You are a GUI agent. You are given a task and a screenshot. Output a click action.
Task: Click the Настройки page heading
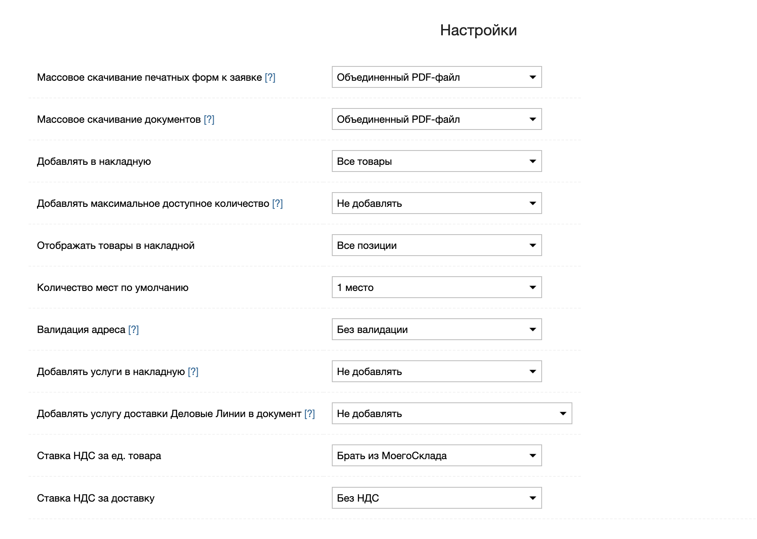click(478, 30)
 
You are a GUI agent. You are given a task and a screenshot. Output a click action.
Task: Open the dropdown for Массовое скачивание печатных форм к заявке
click(437, 77)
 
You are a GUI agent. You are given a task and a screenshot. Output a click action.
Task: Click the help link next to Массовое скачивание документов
click(209, 119)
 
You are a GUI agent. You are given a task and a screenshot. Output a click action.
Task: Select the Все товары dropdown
click(437, 161)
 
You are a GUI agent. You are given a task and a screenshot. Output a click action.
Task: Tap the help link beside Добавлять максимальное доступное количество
click(278, 203)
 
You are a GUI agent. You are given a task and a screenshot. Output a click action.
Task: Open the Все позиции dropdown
click(437, 246)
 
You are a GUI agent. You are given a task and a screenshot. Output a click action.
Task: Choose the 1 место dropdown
click(437, 288)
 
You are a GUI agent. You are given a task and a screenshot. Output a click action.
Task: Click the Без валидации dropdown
click(437, 330)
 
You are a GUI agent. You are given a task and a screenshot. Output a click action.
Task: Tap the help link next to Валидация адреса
click(133, 330)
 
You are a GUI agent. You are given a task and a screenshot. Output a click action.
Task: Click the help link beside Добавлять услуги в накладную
click(193, 372)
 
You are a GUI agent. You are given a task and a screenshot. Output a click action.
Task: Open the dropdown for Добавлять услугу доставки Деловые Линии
click(452, 414)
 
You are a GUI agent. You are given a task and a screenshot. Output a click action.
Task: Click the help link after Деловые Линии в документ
click(310, 414)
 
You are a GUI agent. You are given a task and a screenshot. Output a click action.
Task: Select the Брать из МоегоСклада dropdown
click(437, 456)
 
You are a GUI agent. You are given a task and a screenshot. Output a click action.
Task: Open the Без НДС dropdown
click(437, 498)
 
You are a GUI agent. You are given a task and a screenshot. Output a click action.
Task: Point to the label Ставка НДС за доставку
click(95, 498)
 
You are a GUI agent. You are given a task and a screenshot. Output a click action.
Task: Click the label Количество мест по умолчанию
click(113, 288)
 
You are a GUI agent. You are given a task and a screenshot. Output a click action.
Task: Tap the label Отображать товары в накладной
click(116, 246)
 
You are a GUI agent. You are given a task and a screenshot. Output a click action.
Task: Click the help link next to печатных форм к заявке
click(270, 77)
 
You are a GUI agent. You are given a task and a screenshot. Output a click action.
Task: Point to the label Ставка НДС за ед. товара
click(99, 456)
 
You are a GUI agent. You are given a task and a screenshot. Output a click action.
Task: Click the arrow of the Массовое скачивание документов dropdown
click(532, 119)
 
